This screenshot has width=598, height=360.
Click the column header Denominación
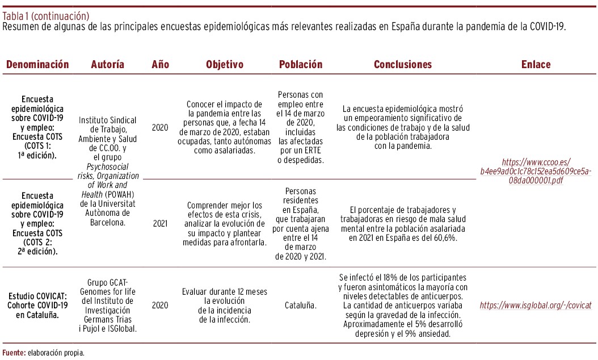[37, 65]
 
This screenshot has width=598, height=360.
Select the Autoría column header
[107, 65]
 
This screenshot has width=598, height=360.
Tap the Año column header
[161, 65]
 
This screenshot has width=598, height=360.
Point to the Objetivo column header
[224, 65]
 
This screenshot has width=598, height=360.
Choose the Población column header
[301, 65]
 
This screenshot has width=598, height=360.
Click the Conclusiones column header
[403, 65]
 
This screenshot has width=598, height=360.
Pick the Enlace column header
[536, 65]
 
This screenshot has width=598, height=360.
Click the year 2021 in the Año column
[161, 223]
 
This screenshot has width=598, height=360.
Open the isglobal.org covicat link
[536, 305]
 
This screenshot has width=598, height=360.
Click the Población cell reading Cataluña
[301, 305]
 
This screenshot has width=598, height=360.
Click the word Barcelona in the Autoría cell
[107, 222]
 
